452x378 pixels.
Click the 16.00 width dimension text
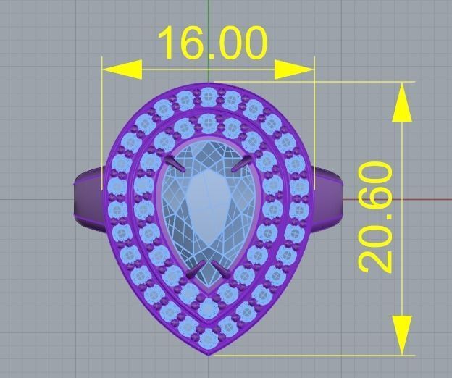pyautogui.click(x=212, y=43)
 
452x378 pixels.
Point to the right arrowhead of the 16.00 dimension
pyautogui.click(x=296, y=70)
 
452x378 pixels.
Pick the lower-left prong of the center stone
pyautogui.click(x=194, y=271)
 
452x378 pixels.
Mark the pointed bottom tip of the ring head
pyautogui.click(x=209, y=353)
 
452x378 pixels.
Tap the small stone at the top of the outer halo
pyautogui.click(x=209, y=93)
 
